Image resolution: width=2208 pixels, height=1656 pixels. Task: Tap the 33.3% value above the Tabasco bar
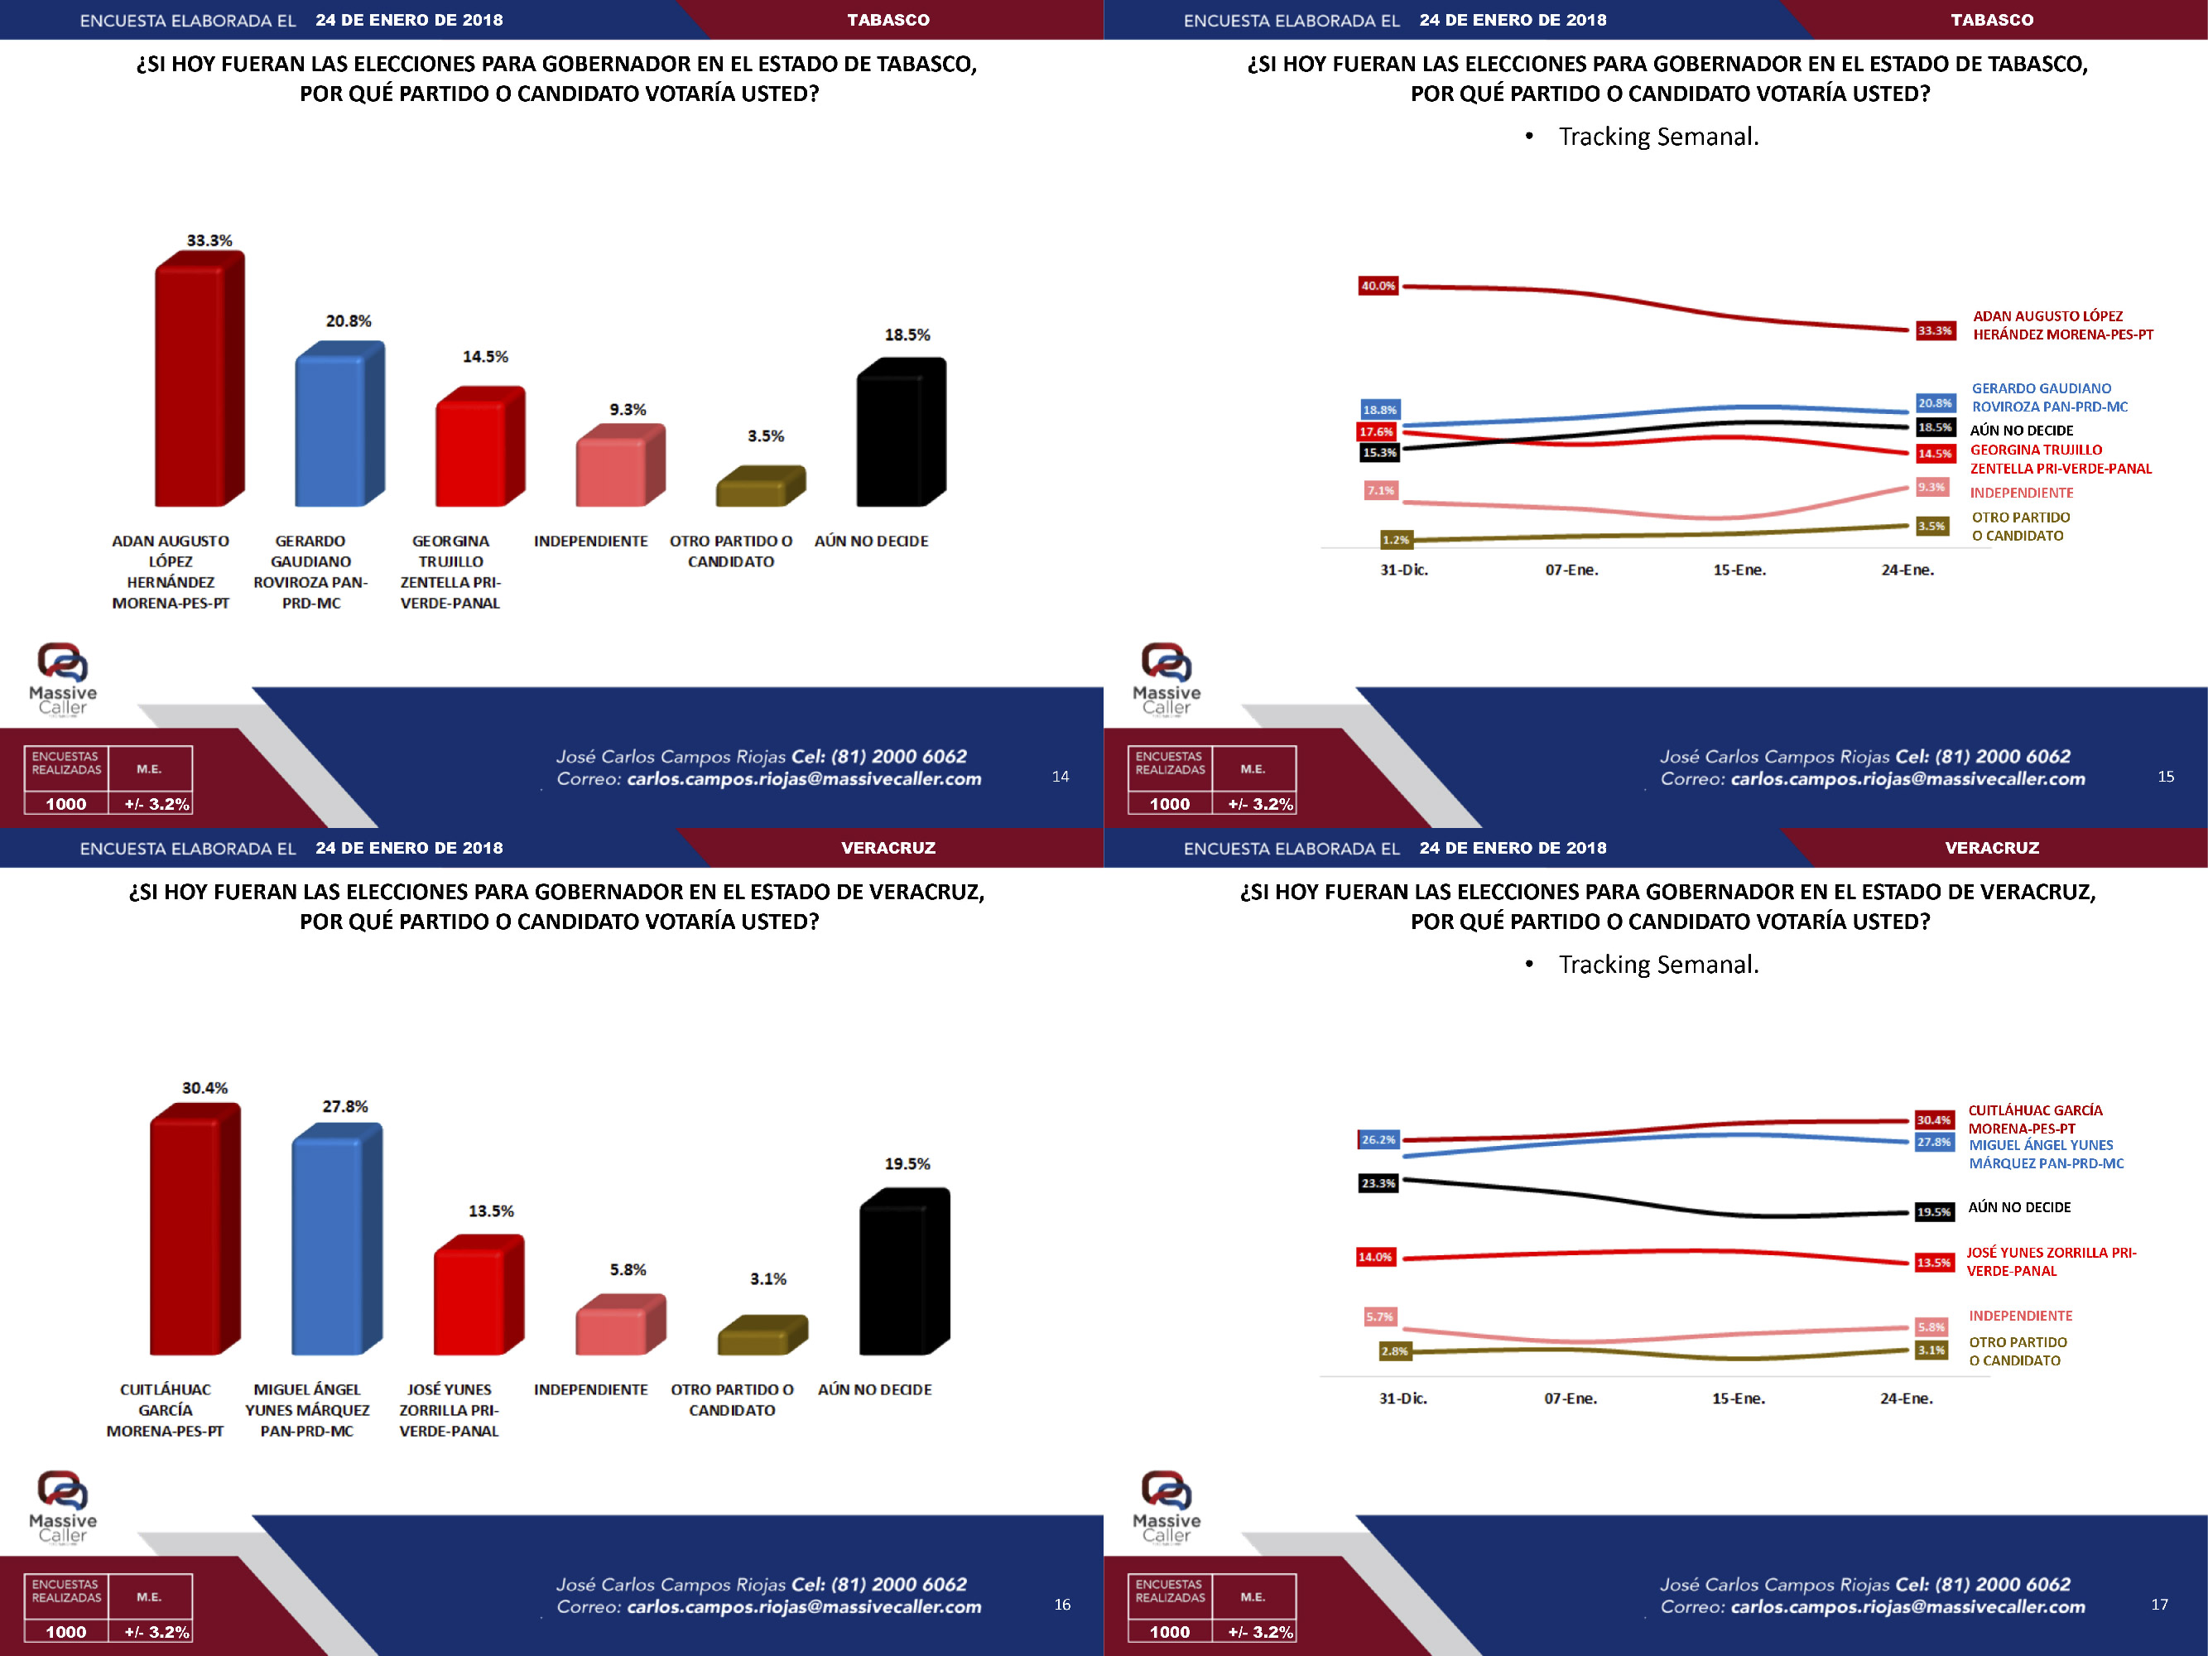(209, 241)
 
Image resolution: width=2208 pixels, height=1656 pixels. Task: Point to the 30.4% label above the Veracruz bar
(204, 1088)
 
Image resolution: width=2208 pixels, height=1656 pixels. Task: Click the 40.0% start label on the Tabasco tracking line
(1378, 286)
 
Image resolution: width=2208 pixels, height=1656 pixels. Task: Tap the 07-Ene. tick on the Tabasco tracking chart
(1571, 570)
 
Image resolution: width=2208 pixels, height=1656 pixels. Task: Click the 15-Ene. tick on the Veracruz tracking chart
(1738, 1398)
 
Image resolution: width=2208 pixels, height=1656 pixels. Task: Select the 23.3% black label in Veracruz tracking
(1378, 1183)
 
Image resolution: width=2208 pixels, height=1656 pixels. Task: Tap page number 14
(1060, 776)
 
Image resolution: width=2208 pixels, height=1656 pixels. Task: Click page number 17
(2159, 1604)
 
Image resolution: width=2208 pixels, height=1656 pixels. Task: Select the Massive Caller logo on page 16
(63, 1506)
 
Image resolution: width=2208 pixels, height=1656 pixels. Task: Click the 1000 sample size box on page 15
(1169, 803)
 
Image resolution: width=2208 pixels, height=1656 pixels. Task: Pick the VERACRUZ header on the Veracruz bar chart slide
(888, 848)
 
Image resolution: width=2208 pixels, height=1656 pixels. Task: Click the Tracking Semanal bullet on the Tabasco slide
(1657, 137)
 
